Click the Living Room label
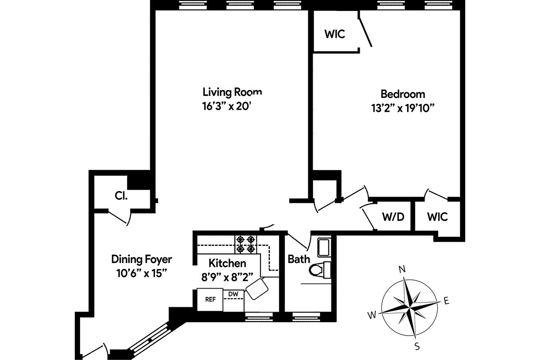pos(232,92)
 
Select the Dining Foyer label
pos(142,259)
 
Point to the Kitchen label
pos(227,263)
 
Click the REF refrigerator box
pos(210,299)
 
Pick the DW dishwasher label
pos(233,294)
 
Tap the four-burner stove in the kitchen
pos(245,244)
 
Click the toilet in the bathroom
pos(319,270)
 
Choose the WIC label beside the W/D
pos(437,216)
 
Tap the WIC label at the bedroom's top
pos(334,34)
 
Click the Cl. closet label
pos(121,196)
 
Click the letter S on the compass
pos(417,347)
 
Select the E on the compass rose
pos(445,300)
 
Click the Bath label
pos(299,259)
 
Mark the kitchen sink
pos(257,289)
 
